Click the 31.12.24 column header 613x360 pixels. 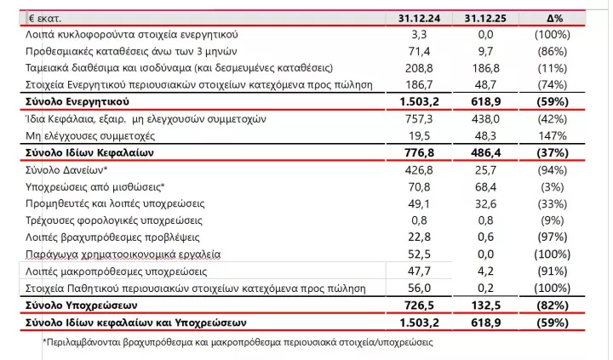click(x=418, y=18)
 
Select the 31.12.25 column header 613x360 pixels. click(x=486, y=18)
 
